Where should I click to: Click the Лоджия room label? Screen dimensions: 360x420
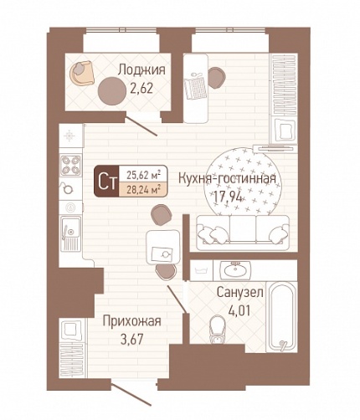click(x=141, y=69)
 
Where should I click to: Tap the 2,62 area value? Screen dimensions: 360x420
click(x=141, y=89)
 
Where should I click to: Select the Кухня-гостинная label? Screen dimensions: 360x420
click(x=227, y=179)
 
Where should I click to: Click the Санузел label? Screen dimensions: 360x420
click(x=240, y=293)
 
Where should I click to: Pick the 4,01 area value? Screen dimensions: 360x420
click(x=239, y=310)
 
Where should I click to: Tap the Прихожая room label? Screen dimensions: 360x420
click(x=132, y=321)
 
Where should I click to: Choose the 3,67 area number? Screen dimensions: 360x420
click(x=131, y=340)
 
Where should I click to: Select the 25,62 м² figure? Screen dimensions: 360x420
click(x=143, y=175)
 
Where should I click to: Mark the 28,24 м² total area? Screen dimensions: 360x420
click(x=143, y=190)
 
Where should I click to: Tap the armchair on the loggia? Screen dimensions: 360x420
click(x=82, y=73)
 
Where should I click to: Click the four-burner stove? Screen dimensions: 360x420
click(x=71, y=166)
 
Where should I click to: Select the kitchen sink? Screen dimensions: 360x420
click(x=70, y=233)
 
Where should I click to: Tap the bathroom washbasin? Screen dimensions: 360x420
click(x=235, y=270)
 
